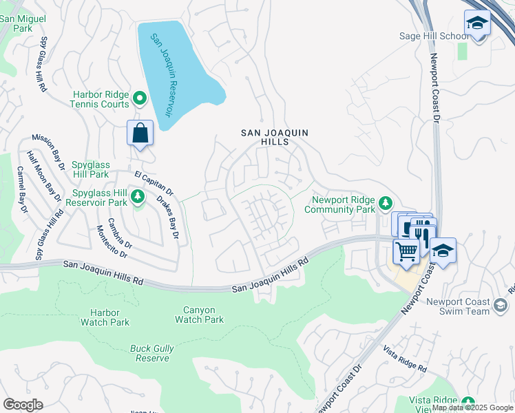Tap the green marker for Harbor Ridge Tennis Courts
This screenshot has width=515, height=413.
pyautogui.click(x=140, y=99)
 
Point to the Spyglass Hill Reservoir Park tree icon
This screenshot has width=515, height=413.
pyautogui.click(x=138, y=198)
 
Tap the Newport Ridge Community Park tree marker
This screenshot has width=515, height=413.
pyautogui.click(x=386, y=203)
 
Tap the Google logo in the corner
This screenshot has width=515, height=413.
pyautogui.click(x=23, y=404)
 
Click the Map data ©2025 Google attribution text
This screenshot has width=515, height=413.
pyautogui.click(x=472, y=407)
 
